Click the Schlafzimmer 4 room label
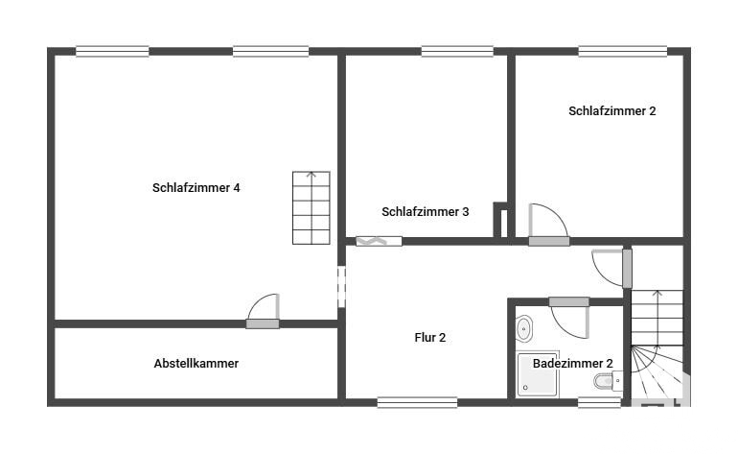(196, 187)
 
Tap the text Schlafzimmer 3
(425, 212)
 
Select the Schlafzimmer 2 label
(611, 110)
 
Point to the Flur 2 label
(429, 338)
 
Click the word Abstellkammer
(196, 364)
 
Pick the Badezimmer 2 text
(572, 364)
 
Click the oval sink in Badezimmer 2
(524, 328)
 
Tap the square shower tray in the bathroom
(537, 374)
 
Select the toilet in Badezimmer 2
(608, 380)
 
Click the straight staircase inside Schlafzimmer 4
(311, 208)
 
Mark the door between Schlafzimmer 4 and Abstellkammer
(264, 311)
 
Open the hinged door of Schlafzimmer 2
(548, 225)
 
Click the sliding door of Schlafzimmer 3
(379, 241)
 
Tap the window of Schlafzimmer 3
(457, 52)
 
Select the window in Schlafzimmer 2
(622, 52)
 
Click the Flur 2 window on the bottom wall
(417, 402)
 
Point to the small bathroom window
(599, 402)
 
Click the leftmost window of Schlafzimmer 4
(112, 52)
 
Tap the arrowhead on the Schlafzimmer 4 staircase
(311, 175)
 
